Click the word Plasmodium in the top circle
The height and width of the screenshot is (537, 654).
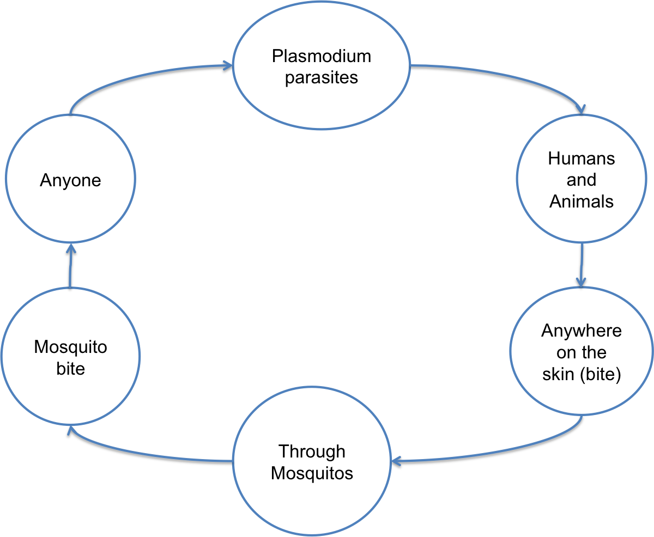pos(322,56)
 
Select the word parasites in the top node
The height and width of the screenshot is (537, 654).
pos(322,77)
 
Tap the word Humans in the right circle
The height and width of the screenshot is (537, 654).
pos(581,158)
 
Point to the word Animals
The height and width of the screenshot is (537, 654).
pos(581,202)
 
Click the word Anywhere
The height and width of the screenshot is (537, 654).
pos(581,331)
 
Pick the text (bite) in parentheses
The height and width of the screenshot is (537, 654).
pos(599,375)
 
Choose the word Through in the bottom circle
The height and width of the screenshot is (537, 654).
pos(312,451)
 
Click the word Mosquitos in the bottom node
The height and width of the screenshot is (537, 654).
pos(312,473)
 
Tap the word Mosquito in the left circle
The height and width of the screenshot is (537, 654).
pos(70,347)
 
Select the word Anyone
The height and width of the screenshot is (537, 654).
pos(70,180)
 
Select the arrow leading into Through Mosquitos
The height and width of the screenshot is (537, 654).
pos(491,452)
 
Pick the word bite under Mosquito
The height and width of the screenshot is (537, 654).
pos(70,369)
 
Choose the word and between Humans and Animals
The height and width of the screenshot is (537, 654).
pos(581,180)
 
